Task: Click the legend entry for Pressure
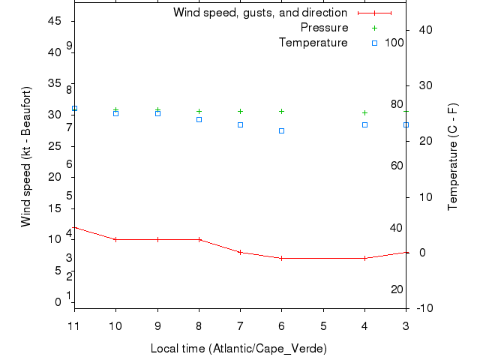point(324,28)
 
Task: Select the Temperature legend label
point(313,43)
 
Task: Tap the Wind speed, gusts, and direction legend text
point(259,13)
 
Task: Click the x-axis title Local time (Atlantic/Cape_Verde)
point(238,349)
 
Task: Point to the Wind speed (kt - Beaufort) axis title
point(25,157)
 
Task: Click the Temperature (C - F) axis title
point(453,157)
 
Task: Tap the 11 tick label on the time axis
point(73,326)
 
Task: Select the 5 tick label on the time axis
point(323,326)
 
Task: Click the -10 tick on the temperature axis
point(421,308)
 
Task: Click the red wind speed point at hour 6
point(282,258)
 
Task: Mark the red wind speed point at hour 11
point(74,227)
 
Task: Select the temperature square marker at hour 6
point(282,130)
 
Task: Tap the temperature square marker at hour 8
point(199,119)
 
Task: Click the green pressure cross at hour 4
point(364,112)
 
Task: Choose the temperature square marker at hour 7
point(240,124)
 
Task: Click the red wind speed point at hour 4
point(364,258)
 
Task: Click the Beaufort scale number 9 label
point(69,46)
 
